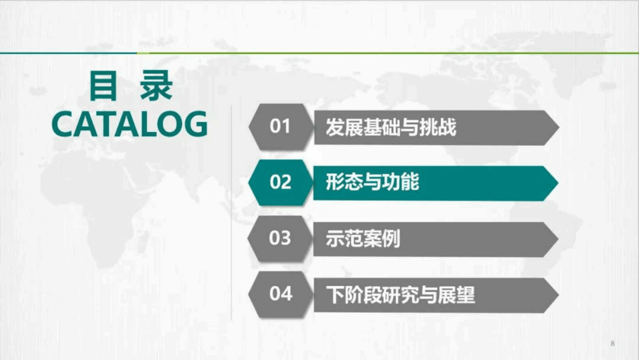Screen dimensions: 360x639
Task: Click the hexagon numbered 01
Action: point(280,127)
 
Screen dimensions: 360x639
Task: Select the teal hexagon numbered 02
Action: point(280,182)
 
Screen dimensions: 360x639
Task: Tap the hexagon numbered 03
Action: point(280,238)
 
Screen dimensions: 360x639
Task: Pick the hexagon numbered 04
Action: point(281,294)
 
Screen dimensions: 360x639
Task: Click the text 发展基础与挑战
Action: point(391,128)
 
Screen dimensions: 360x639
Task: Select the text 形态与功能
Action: point(372,182)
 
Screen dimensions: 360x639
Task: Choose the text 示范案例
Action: point(363,239)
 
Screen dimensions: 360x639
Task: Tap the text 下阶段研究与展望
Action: point(400,295)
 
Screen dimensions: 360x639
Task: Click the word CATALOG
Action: point(130,124)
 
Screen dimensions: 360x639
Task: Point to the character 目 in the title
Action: point(103,86)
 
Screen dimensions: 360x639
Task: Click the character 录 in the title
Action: point(157,86)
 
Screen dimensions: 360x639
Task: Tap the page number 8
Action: point(612,343)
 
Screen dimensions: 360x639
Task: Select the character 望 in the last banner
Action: point(466,295)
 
